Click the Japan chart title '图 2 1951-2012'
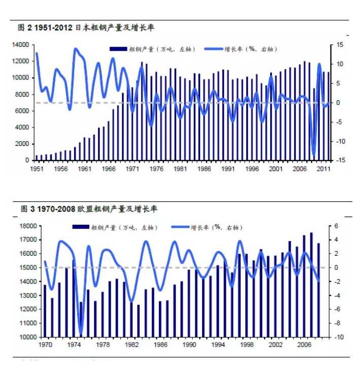click(46, 28)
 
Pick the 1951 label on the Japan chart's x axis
click(37, 168)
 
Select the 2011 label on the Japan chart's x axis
click(324, 168)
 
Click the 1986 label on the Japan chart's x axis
click(205, 168)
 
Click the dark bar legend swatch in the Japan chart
click(118, 49)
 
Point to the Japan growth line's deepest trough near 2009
click(314, 155)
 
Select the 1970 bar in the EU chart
click(45, 311)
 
